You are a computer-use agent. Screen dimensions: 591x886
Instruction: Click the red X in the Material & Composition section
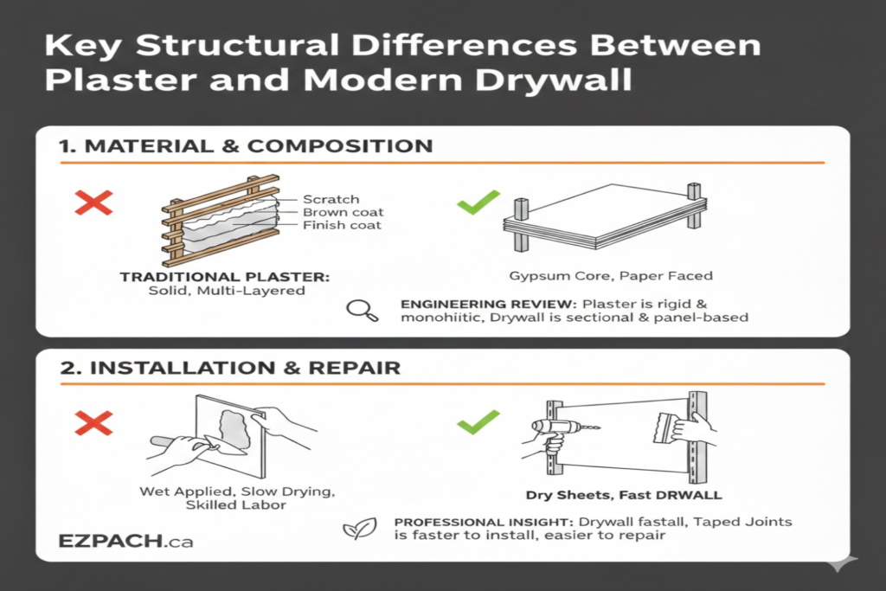click(94, 204)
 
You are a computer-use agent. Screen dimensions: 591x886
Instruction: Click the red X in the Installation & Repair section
click(94, 422)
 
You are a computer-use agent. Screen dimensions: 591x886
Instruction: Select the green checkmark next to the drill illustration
click(478, 421)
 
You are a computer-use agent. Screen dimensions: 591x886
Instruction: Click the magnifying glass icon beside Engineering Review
click(362, 310)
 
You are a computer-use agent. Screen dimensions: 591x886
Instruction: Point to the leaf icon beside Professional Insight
click(354, 529)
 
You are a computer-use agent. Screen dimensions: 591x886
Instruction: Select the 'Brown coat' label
click(343, 212)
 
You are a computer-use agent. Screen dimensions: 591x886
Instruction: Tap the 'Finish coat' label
click(342, 226)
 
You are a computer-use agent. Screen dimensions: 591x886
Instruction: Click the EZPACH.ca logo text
click(125, 542)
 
